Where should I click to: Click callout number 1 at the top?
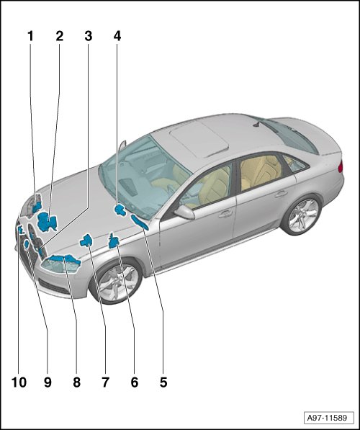[31, 36]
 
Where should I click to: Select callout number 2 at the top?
[60, 36]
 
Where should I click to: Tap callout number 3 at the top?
[89, 36]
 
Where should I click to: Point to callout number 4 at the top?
[117, 36]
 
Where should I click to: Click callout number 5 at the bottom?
[163, 382]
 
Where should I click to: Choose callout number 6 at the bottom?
[135, 382]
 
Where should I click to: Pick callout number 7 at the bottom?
[106, 382]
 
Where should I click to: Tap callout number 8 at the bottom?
[76, 382]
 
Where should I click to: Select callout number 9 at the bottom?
[48, 382]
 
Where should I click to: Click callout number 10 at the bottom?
[19, 382]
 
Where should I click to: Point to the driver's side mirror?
[184, 212]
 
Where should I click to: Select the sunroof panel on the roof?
[199, 139]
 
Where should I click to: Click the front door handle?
[225, 213]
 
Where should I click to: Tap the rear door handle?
[282, 194]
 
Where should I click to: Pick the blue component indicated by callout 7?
[86, 241]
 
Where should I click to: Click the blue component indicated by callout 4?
[120, 210]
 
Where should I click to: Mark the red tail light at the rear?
[341, 166]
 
